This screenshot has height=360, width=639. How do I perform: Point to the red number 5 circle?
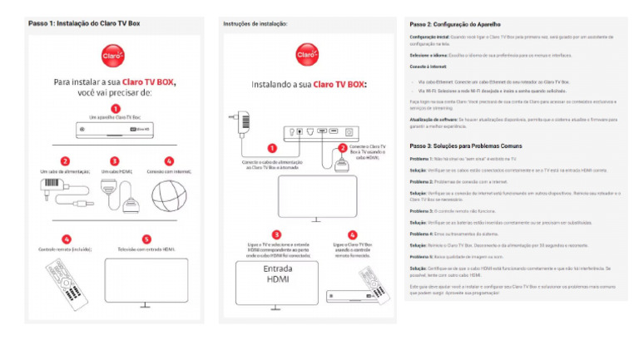tap(146, 239)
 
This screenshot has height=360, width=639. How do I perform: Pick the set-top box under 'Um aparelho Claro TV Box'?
tap(115, 131)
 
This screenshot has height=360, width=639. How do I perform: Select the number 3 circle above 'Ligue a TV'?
tap(277, 234)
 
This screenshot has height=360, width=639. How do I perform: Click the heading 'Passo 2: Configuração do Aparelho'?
tap(456, 24)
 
